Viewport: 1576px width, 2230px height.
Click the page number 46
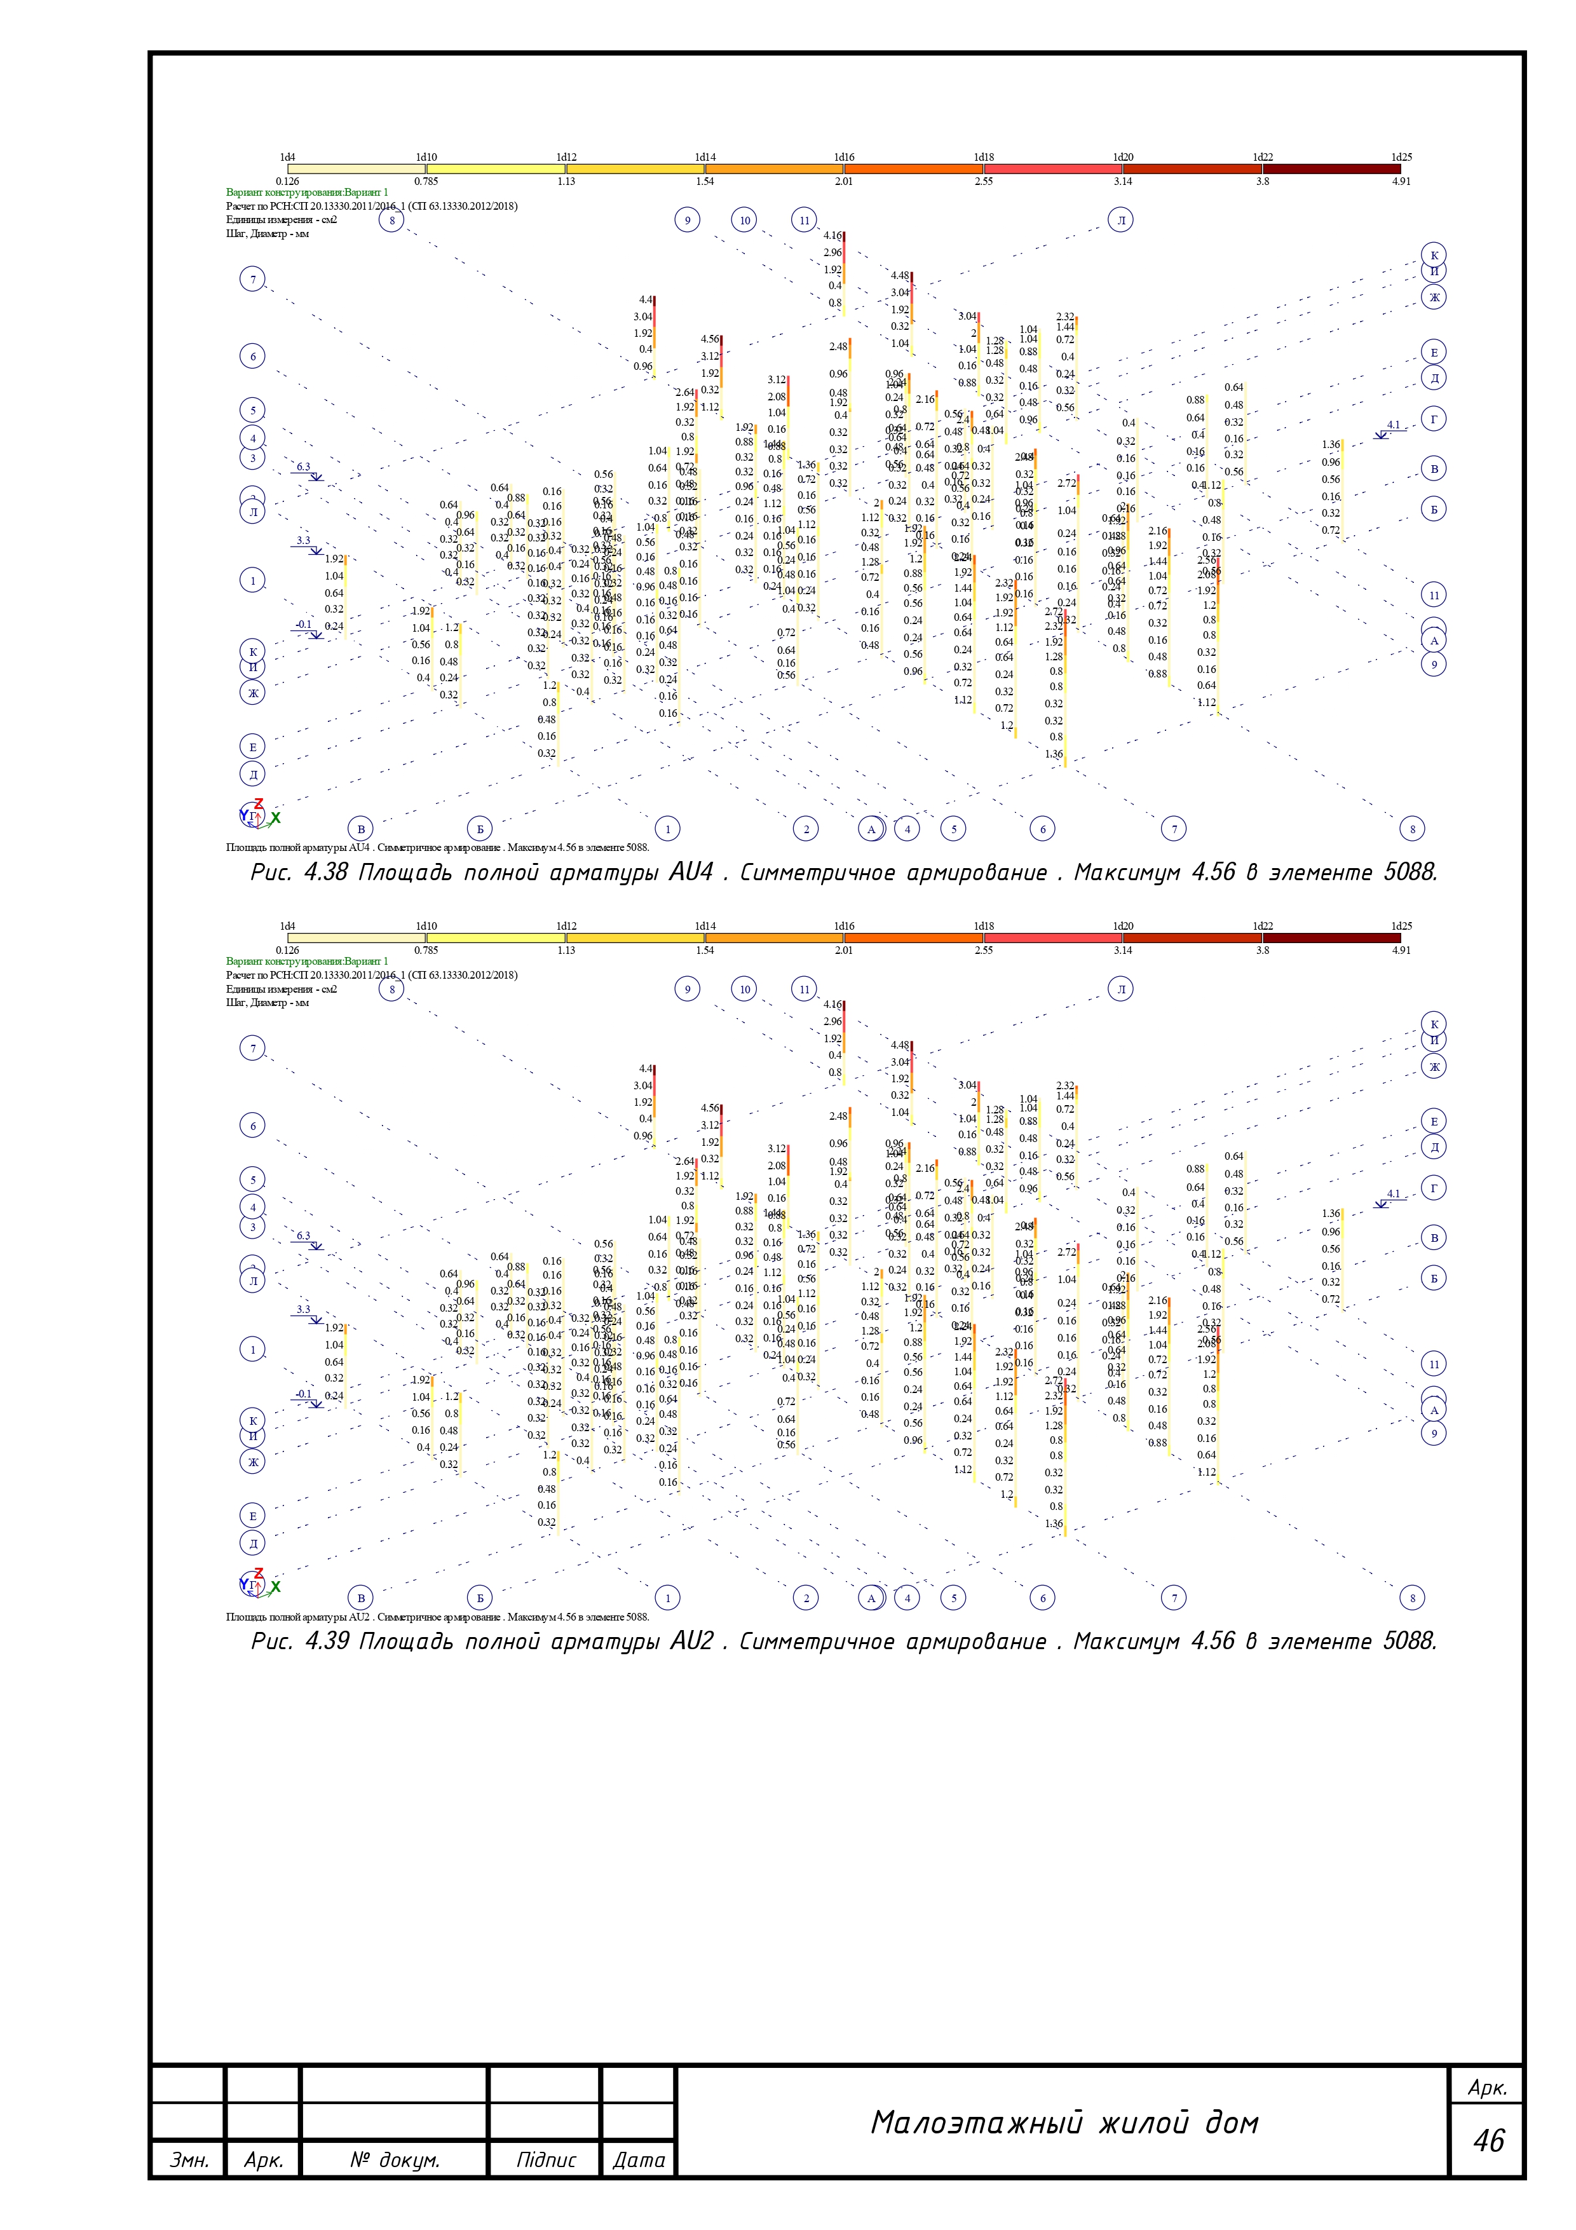pos(1488,2140)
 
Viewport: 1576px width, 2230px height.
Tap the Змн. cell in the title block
pos(188,2160)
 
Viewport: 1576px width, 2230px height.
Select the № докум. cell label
pos(394,2160)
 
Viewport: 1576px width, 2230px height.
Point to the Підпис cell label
pos(546,2160)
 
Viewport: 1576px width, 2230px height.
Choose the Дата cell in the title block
pos(639,2160)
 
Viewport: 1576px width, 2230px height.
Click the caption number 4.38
pos(325,872)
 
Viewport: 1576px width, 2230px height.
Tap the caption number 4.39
pos(326,1642)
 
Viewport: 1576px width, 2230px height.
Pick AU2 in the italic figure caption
pos(691,1642)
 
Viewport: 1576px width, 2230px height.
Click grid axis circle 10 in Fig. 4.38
pos(745,221)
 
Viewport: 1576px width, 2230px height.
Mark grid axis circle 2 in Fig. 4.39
pos(806,1598)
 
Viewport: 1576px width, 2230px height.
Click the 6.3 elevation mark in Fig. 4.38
pos(304,467)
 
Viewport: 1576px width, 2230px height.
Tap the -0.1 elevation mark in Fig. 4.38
pos(304,625)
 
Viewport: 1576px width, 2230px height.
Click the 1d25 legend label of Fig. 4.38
pos(1401,158)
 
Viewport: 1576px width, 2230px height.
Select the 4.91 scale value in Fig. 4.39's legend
pos(1401,950)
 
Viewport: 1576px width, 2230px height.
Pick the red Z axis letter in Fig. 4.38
pos(258,804)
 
